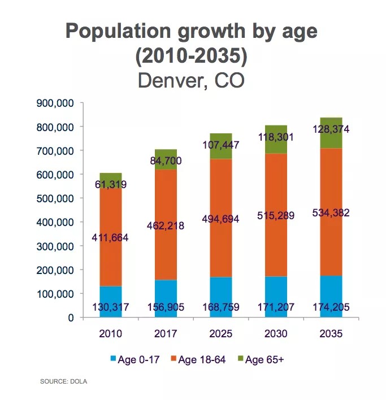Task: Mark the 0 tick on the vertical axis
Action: [x=71, y=318]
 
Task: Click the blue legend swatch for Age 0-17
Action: [x=112, y=359]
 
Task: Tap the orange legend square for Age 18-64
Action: [x=172, y=359]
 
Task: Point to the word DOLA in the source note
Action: [x=79, y=382]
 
